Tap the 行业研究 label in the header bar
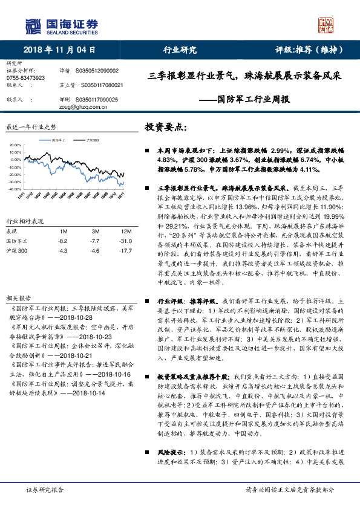[x=180, y=50]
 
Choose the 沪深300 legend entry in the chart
[x=93, y=140]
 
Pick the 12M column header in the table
[x=126, y=232]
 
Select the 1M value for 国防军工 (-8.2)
[x=63, y=241]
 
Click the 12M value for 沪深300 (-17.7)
[x=126, y=250]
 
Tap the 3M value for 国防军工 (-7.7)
[x=95, y=241]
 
